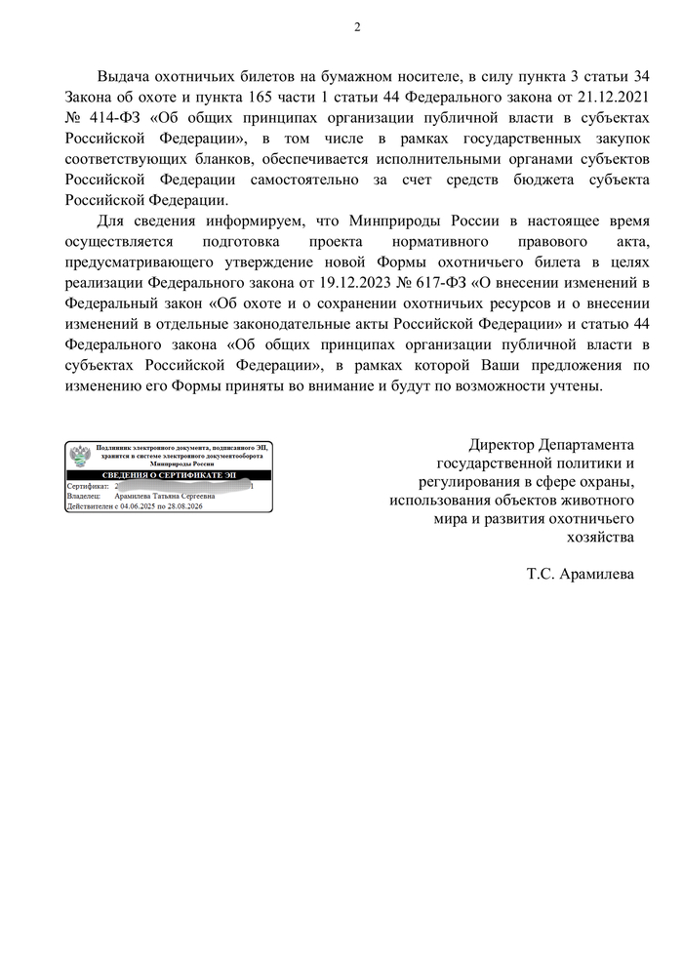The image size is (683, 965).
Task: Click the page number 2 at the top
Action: click(356, 26)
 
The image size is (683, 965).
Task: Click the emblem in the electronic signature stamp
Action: click(80, 456)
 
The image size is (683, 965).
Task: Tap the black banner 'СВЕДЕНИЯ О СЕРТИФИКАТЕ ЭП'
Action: click(169, 474)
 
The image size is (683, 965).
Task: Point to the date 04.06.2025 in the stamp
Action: click(136, 506)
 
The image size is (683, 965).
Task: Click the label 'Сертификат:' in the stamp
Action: click(86, 485)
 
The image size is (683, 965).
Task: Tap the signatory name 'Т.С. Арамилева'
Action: click(581, 575)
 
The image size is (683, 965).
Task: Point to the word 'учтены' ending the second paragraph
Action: click(579, 386)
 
